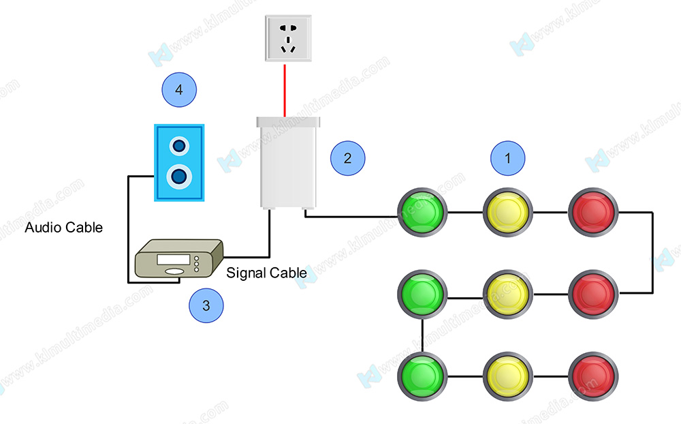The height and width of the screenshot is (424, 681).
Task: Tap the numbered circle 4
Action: pos(179,89)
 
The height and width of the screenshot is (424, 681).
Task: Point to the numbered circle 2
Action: pos(348,158)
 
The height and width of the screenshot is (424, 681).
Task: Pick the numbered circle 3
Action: pos(206,306)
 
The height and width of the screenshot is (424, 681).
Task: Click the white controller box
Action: pos(287,162)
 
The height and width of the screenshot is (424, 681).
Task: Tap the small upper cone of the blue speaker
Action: pos(179,146)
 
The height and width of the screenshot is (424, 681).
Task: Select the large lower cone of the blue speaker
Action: pos(179,177)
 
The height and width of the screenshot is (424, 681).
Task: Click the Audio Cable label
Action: pos(64,228)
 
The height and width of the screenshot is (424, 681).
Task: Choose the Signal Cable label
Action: pos(266,273)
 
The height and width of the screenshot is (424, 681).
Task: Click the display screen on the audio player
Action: pos(169,260)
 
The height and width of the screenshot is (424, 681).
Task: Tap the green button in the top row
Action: pos(422,212)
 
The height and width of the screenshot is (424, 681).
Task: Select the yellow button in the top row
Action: pos(508,212)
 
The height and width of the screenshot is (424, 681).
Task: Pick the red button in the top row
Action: pos(592,212)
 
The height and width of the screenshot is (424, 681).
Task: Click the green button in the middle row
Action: pos(422,294)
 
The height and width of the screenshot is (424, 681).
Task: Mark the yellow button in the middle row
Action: pos(508,294)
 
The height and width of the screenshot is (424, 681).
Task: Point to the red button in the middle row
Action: pos(592,294)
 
